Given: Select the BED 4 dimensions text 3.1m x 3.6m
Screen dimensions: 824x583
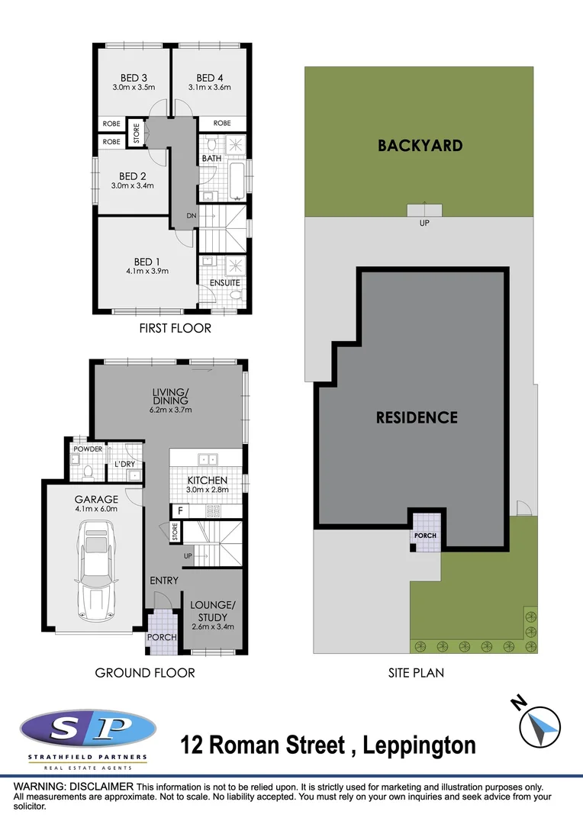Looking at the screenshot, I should [209, 87].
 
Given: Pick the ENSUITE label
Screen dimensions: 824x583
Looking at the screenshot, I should [224, 282].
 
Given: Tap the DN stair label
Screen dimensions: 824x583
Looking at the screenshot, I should [192, 217].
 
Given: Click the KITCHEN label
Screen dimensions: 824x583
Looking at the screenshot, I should [208, 480].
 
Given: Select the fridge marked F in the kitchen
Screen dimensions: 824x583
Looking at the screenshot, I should [180, 510].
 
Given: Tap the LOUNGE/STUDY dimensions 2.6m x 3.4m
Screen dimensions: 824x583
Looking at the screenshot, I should [213, 626].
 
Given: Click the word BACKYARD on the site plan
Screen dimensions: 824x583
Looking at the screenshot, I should [420, 145].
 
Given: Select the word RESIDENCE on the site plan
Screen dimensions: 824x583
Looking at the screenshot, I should [417, 417].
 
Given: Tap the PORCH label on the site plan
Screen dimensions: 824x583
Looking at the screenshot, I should [425, 536].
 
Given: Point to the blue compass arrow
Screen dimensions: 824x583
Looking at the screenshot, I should [544, 727].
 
